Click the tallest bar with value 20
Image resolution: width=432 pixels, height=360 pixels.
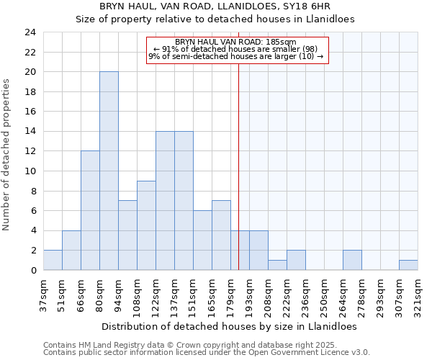pos(109,171)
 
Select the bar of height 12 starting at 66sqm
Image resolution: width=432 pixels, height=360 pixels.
pos(90,210)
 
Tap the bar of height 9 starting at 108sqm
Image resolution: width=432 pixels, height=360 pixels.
pos(146,225)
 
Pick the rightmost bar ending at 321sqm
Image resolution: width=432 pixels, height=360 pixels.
pos(408,265)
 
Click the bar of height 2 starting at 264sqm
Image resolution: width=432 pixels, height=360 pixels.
pos(352,260)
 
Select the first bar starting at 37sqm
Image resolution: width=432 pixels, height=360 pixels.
pos(53,260)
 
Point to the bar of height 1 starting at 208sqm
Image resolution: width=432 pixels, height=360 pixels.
pos(277,265)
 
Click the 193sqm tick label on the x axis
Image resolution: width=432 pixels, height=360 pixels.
pos(249,294)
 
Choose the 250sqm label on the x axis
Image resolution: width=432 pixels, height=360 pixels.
pos(324,294)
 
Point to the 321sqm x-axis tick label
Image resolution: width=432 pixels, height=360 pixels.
pos(418,294)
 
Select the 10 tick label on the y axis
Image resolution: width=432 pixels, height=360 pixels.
pos(30,171)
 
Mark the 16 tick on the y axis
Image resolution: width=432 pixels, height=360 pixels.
pos(30,112)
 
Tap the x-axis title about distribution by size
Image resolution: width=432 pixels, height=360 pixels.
pos(230,326)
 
